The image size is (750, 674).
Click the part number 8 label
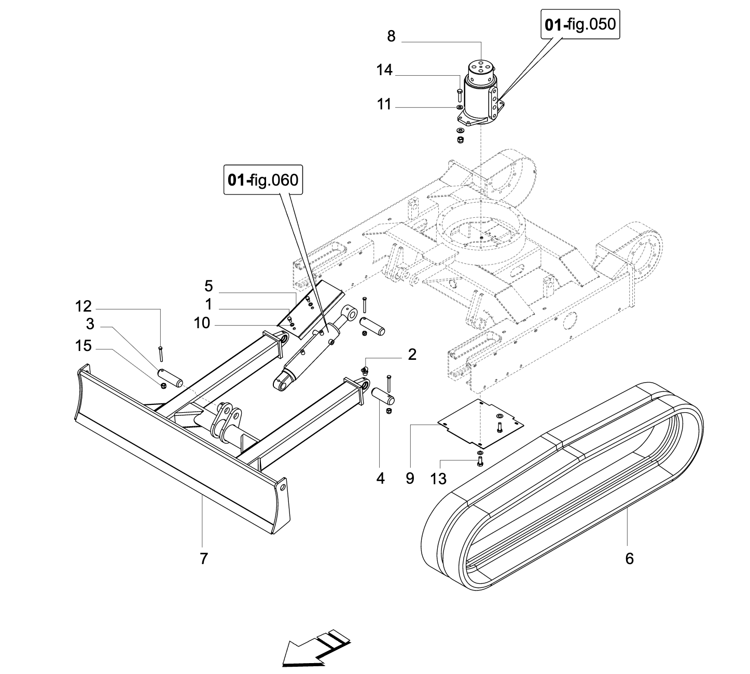(x=391, y=36)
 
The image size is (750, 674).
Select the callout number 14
(x=384, y=70)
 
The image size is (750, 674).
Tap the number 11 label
(x=384, y=104)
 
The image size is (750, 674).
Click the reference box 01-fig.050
(x=580, y=24)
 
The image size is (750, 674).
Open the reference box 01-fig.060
(x=263, y=180)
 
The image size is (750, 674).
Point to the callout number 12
(x=83, y=306)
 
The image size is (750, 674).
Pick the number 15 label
(x=83, y=345)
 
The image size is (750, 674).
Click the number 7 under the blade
(x=203, y=558)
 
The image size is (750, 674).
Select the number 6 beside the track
(x=629, y=558)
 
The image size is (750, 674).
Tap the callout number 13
(x=438, y=479)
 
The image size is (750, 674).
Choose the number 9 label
(x=410, y=479)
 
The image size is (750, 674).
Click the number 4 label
(x=381, y=479)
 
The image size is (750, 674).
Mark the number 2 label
(x=412, y=355)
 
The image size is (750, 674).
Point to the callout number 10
(x=202, y=324)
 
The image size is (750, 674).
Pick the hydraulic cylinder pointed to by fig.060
(x=311, y=347)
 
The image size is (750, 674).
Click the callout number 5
(x=209, y=286)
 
